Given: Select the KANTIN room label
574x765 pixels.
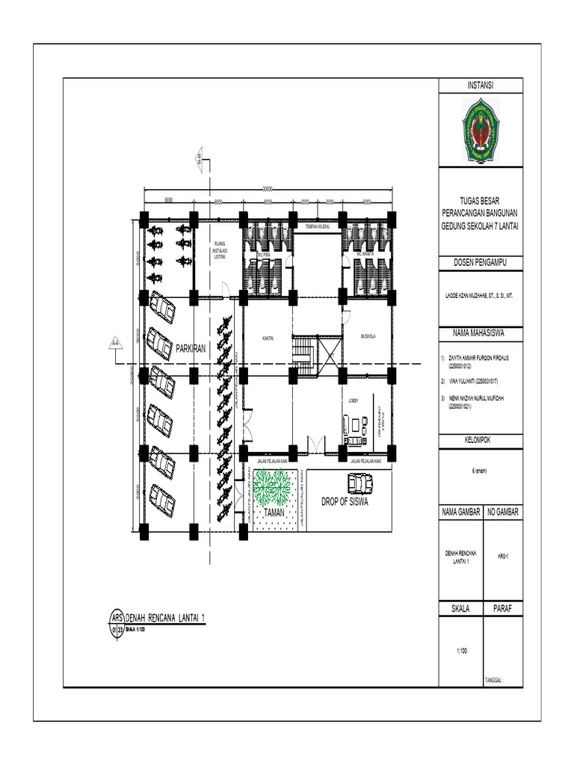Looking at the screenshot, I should point(268,338).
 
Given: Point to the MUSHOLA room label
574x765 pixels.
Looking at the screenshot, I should point(368,336).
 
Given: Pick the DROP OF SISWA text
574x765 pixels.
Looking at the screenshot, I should point(345,502).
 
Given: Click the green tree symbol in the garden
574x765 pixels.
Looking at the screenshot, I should point(272,489).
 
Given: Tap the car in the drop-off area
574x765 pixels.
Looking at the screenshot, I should point(360,484).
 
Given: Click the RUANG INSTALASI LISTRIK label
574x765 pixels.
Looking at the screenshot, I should point(219,250).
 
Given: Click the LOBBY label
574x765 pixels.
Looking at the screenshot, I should point(354,401).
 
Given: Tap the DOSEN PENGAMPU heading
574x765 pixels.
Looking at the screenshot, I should point(481,262).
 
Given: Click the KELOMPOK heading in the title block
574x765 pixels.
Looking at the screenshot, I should point(481,441).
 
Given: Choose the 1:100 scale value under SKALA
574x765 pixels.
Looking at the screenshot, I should point(461,651).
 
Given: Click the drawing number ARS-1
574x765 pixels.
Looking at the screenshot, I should point(503,556).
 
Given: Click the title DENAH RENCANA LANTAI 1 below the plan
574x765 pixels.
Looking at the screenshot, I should point(167,619).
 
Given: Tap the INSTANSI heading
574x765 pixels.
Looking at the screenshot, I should point(481,87).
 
